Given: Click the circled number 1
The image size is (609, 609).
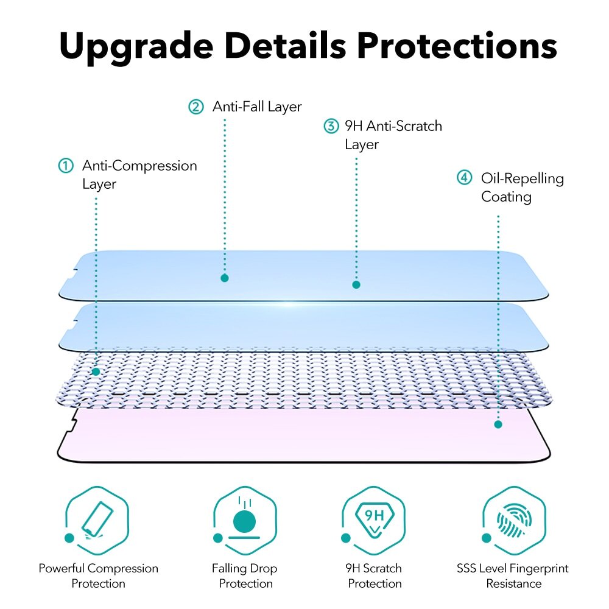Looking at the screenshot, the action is click(65, 166).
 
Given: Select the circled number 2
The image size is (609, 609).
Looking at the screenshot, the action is click(195, 107).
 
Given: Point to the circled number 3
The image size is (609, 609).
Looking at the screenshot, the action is click(330, 127).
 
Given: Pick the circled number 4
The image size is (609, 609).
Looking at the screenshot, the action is click(465, 178).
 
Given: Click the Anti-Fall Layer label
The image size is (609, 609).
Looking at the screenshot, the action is click(257, 107).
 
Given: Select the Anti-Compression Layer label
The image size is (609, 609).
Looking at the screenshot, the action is click(139, 175).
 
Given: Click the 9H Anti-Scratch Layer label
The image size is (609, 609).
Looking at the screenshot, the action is click(393, 135).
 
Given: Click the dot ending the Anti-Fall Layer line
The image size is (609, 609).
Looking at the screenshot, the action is click(225, 278).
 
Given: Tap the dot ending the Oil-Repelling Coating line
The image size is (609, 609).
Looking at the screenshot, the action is click(498, 424).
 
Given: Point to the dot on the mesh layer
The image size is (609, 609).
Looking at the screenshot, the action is click(96, 371).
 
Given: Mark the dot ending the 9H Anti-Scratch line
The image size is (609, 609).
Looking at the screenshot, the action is click(356, 284).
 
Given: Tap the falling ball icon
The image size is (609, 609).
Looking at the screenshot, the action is click(245, 521).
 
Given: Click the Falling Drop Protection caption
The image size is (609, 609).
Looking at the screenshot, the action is click(244, 576).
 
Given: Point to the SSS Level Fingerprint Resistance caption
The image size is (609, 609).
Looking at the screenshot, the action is click(513, 576).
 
